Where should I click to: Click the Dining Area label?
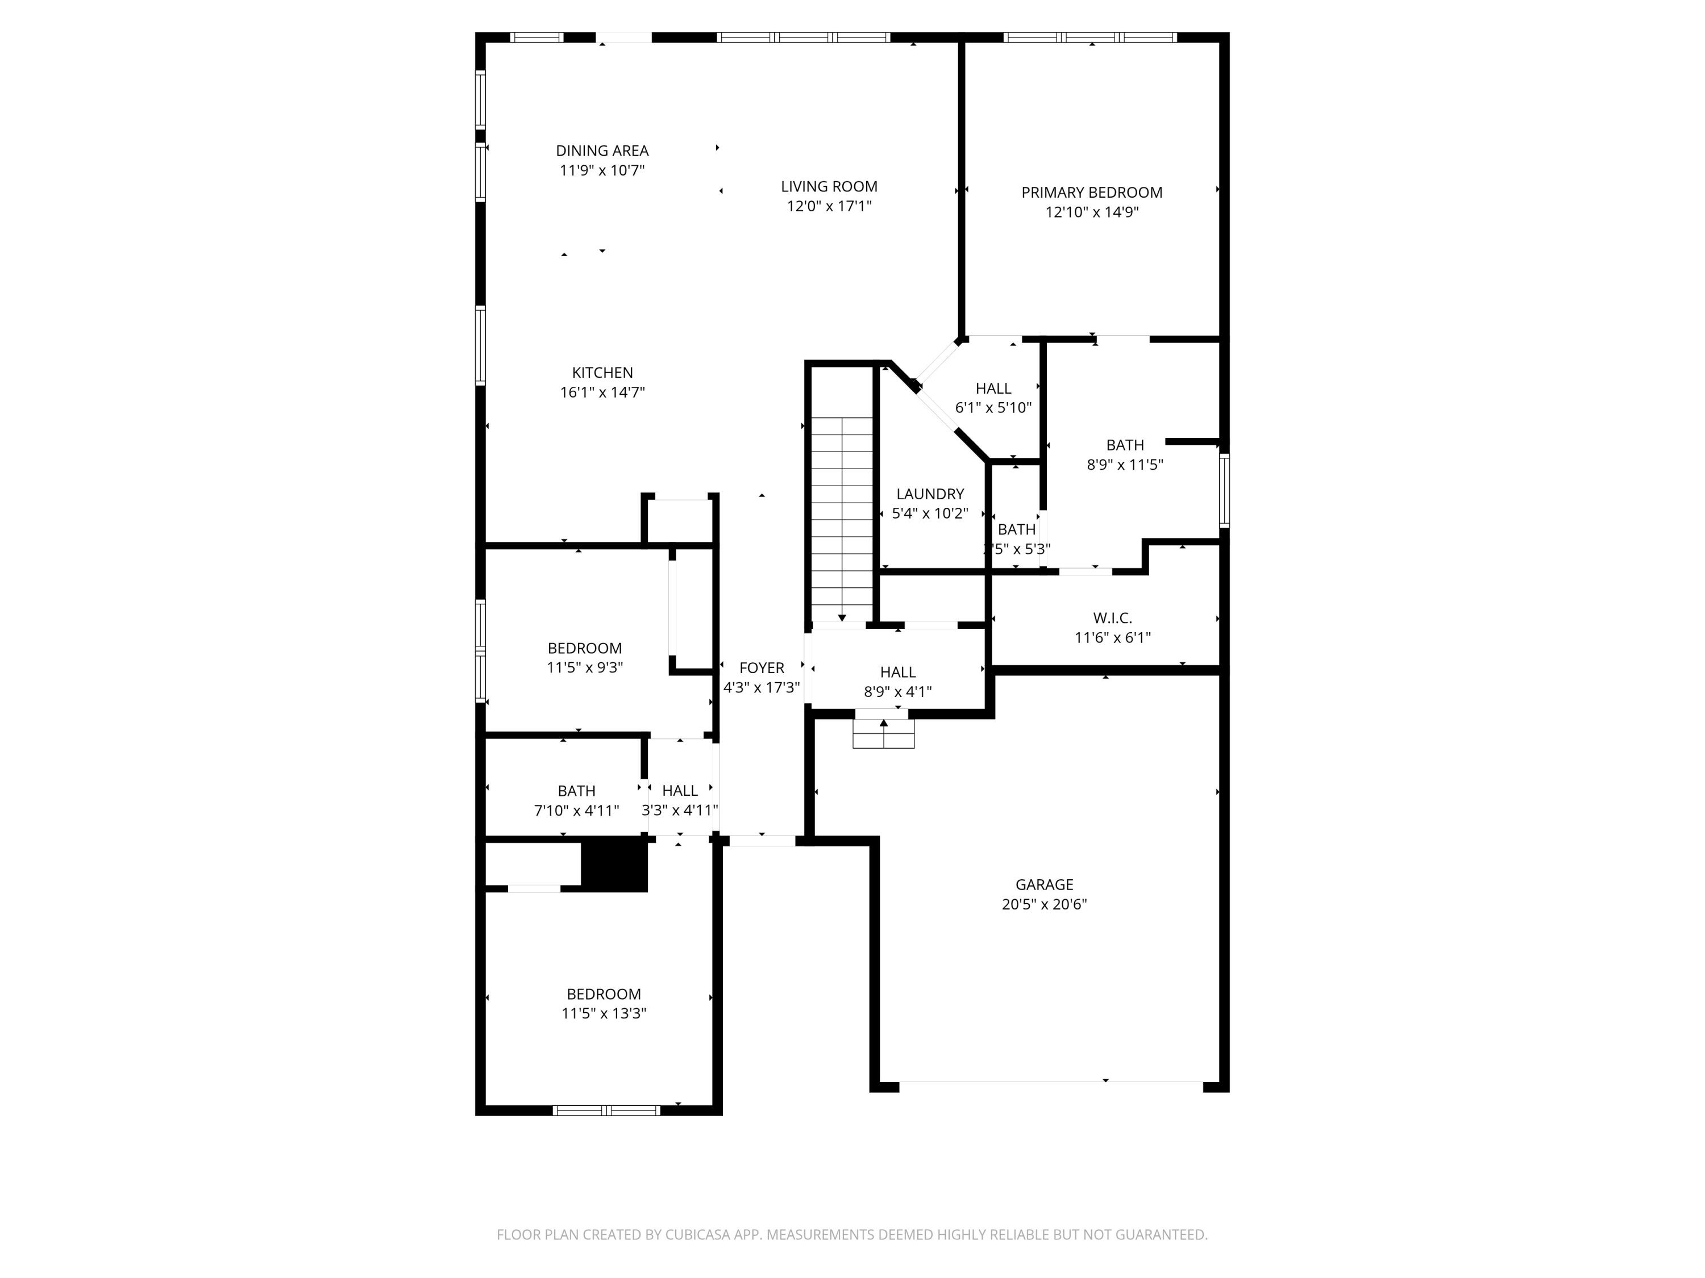coord(602,151)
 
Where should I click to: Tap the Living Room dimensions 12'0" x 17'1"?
coord(829,206)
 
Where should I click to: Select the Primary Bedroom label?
coord(1091,193)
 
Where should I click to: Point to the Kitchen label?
coord(602,373)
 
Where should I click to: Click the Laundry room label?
coord(930,494)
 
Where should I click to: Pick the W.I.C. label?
coord(1112,618)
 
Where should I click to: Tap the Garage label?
coord(1043,884)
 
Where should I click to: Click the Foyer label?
coord(762,668)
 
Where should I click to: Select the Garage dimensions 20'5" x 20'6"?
coord(1043,904)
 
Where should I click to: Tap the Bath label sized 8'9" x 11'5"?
coord(1125,445)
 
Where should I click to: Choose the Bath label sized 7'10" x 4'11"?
coord(576,791)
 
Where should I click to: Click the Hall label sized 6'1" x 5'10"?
coord(993,389)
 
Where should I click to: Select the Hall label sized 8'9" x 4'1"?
coord(897,673)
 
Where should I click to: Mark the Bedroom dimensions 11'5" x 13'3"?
coord(604,1014)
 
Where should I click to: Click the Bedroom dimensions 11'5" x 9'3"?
coord(585,668)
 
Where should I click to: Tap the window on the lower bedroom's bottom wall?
coord(606,1110)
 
